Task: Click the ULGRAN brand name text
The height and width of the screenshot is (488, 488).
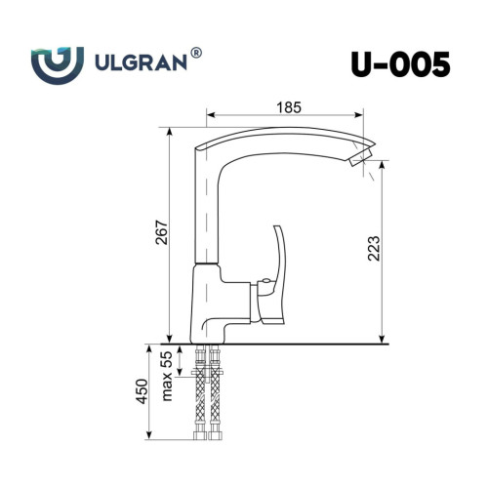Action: coord(141,61)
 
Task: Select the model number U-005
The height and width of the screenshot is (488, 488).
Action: coord(401,64)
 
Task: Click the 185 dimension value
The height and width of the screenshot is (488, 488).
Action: coord(289,107)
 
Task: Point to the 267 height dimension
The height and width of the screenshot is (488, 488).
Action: coord(162,232)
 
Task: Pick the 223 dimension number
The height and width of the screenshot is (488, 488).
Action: coord(374,248)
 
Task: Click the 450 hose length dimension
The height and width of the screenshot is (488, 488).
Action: coord(142,391)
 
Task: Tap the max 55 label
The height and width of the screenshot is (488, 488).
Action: coord(167,376)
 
